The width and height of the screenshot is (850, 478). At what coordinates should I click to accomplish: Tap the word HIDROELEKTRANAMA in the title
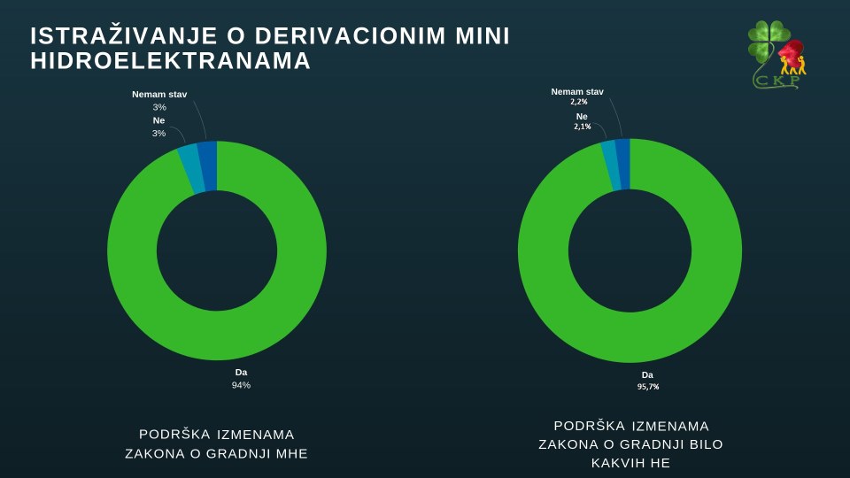[x=171, y=61]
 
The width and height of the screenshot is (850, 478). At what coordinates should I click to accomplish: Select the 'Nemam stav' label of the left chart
[x=159, y=94]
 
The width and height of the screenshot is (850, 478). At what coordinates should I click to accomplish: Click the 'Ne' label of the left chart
[x=158, y=120]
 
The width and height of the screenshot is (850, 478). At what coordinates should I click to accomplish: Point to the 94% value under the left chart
[x=241, y=385]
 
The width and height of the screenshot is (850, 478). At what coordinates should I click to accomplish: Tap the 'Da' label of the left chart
[x=241, y=372]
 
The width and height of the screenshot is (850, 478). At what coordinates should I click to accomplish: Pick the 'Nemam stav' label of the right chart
[x=577, y=91]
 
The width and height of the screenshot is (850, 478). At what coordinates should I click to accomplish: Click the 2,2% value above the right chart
[x=579, y=102]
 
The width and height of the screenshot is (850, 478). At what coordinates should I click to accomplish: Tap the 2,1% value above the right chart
[x=582, y=127]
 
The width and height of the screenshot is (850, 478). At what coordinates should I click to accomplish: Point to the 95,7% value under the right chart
[x=648, y=387]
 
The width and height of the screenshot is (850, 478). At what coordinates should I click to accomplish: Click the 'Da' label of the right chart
[x=647, y=374]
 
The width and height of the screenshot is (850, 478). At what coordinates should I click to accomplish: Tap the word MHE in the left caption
[x=292, y=454]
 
